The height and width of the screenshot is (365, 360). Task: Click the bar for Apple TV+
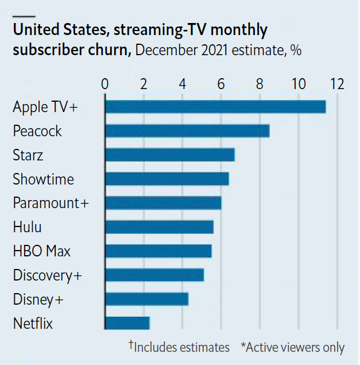(215, 107)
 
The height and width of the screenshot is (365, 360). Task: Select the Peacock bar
(187, 131)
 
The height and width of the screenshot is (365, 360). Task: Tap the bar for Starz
(170, 155)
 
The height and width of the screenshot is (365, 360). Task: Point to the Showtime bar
(167, 179)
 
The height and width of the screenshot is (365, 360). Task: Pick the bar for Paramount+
(163, 203)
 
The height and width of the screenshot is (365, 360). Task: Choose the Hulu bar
(159, 227)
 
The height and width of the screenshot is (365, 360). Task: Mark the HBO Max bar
(158, 251)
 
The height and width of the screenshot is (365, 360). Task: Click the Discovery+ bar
(154, 275)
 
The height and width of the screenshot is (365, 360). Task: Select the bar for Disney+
(146, 299)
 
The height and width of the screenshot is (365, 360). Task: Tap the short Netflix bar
(127, 323)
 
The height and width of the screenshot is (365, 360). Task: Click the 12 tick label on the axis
(337, 84)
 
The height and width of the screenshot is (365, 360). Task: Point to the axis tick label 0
(104, 84)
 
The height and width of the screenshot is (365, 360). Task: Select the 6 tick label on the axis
(221, 84)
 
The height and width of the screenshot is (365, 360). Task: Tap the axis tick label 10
(298, 84)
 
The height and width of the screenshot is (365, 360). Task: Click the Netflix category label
(33, 324)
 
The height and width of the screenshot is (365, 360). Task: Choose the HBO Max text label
(42, 251)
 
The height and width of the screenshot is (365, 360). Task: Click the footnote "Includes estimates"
(181, 347)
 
